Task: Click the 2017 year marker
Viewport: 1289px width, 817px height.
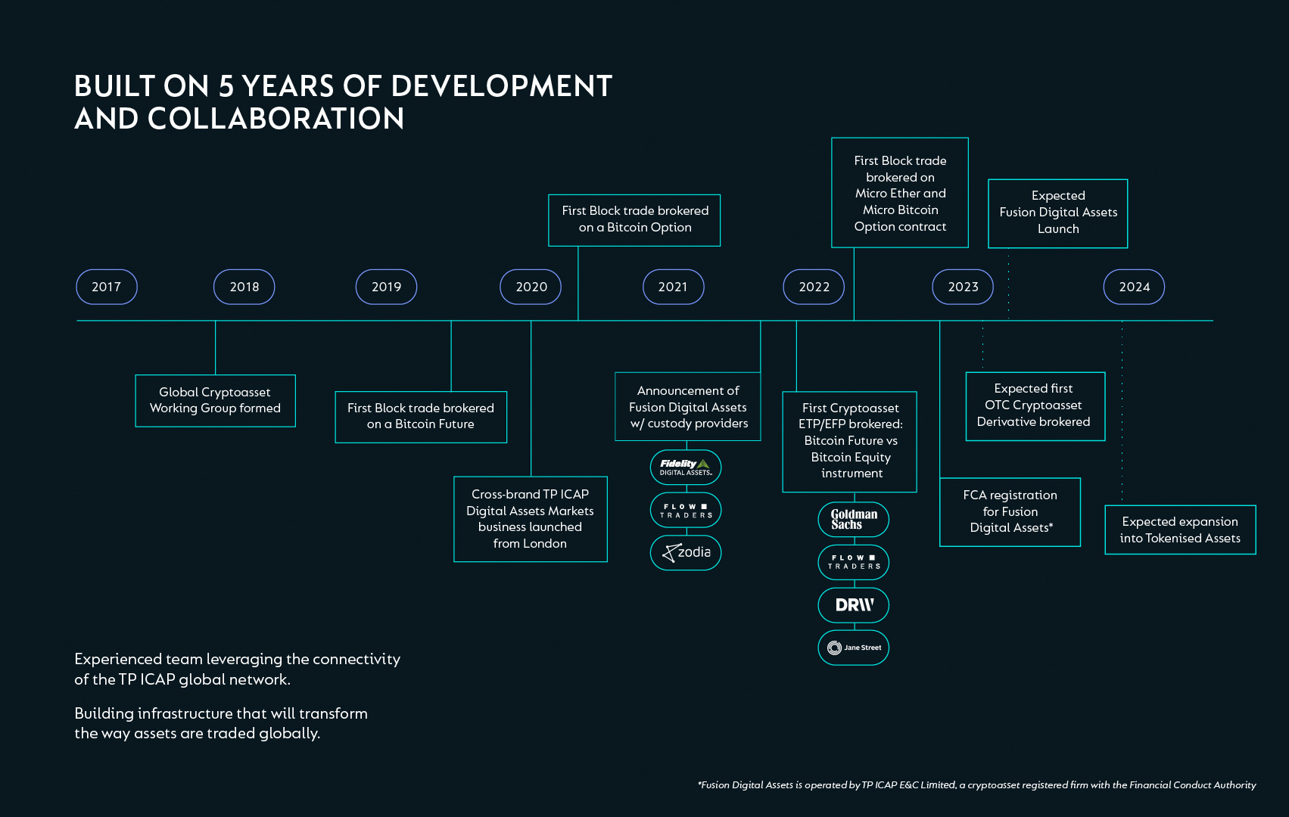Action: point(107,287)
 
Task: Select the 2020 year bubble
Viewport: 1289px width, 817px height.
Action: point(531,287)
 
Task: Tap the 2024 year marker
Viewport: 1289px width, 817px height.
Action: point(1134,287)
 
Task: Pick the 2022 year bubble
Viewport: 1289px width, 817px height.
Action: point(814,287)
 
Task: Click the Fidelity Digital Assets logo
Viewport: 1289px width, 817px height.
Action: point(685,468)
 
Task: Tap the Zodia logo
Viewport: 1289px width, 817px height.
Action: point(685,552)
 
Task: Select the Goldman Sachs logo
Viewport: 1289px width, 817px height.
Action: point(853,519)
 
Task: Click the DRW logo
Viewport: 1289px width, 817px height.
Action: point(853,605)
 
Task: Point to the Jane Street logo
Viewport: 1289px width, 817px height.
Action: point(853,648)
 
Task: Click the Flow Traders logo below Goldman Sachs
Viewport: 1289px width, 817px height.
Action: point(853,562)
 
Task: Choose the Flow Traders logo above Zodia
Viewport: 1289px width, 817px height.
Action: point(685,510)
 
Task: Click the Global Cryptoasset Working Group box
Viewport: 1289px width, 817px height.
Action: point(215,401)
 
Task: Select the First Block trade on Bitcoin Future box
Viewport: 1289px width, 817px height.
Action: point(421,417)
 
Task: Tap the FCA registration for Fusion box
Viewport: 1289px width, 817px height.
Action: point(1010,511)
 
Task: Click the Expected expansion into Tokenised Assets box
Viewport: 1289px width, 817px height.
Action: point(1180,530)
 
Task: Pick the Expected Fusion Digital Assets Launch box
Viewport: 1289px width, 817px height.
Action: point(1057,213)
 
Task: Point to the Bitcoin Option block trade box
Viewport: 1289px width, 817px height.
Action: point(634,220)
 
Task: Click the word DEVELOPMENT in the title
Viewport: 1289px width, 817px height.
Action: point(501,86)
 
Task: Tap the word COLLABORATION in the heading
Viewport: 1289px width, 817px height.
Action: point(276,119)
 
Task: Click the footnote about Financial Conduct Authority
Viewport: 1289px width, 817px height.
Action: point(976,784)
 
